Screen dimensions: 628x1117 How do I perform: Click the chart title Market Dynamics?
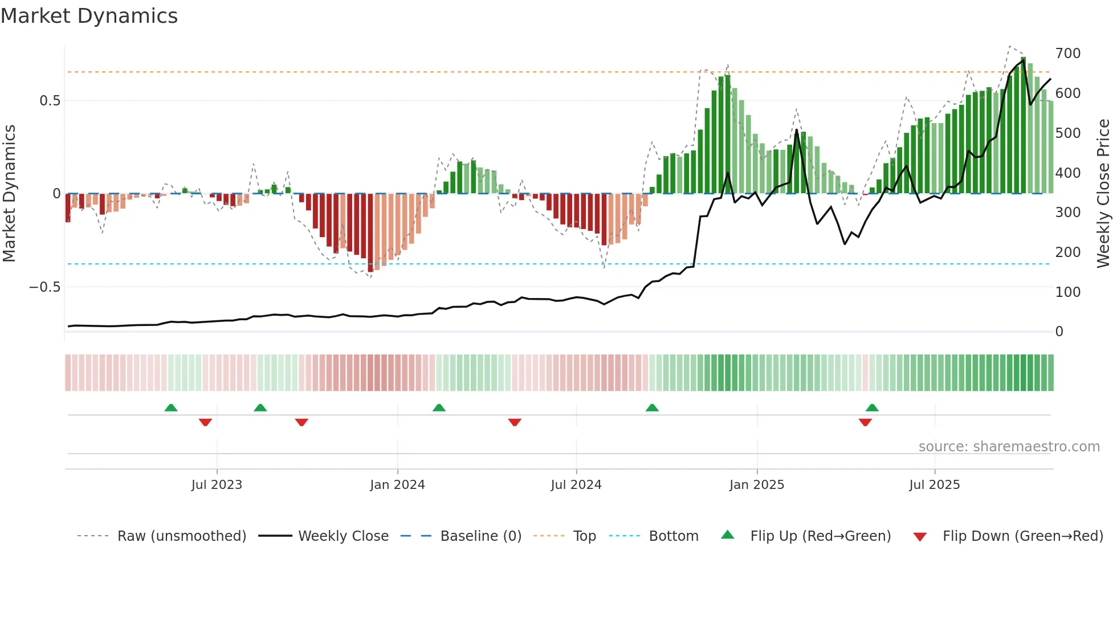[x=89, y=16]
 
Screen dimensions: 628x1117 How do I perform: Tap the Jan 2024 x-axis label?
[x=397, y=484]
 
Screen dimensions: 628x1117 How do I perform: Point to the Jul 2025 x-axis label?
[x=934, y=484]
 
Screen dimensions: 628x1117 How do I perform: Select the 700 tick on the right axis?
[x=1067, y=54]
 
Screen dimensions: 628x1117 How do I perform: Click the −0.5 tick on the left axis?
[x=45, y=287]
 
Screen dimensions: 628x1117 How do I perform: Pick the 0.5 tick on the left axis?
[x=50, y=101]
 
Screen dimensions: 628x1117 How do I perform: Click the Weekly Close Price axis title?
[x=1103, y=193]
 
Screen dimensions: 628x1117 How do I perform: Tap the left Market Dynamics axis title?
[x=9, y=193]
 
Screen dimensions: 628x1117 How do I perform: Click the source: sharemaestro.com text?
[x=1009, y=446]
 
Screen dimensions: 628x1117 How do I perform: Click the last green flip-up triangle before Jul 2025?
[x=872, y=407]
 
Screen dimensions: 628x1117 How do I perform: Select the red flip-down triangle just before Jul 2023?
[x=205, y=422]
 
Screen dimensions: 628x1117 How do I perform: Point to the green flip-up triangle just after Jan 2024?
[x=439, y=407]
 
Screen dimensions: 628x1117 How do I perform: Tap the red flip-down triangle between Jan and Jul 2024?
[x=515, y=422]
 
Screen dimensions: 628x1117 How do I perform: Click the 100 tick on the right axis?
[x=1067, y=292]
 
